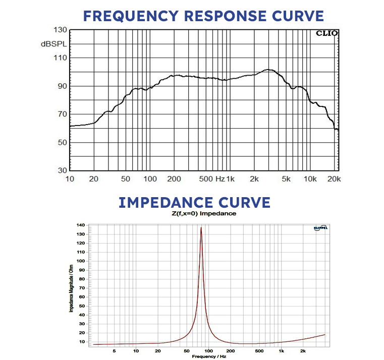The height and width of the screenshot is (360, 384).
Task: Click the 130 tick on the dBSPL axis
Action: coord(60,30)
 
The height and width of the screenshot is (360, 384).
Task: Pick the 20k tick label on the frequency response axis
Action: coord(334,179)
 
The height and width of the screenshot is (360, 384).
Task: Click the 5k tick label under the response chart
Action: coord(287,179)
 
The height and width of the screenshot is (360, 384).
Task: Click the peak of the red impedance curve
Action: coord(201,227)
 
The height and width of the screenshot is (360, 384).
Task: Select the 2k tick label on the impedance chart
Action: coord(303,351)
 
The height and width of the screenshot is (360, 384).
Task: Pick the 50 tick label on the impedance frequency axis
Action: coord(187,351)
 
